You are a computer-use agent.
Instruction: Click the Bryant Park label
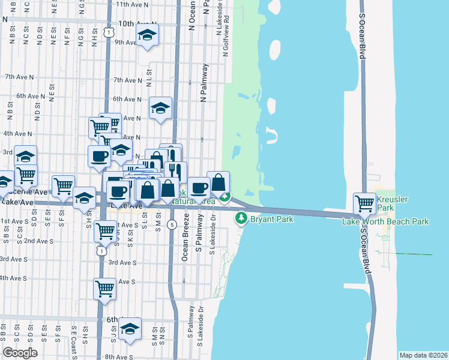tap(271, 220)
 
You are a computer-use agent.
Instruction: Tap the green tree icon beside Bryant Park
tap(241, 218)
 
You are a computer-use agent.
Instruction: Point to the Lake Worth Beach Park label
tap(385, 222)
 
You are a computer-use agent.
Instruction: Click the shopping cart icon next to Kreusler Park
tap(364, 203)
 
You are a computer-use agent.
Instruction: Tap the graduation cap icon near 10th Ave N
tap(147, 36)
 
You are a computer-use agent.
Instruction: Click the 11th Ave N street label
tap(136, 4)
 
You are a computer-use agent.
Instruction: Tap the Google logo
tap(20, 353)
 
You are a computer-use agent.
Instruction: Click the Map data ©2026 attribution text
tap(423, 355)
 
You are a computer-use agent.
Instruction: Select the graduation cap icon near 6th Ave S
tap(130, 328)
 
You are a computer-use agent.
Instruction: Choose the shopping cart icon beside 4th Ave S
tap(105, 289)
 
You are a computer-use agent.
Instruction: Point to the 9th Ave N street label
tap(127, 43)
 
